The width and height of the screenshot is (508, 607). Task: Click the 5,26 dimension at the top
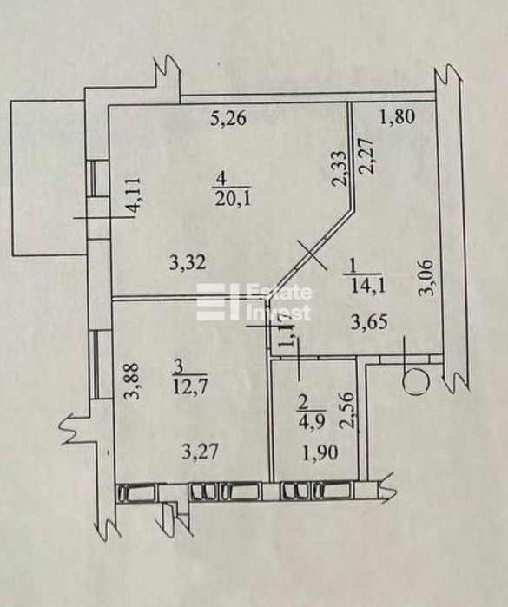[228, 118]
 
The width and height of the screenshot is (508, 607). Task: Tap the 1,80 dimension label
[397, 117]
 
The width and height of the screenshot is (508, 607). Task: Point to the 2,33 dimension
[340, 168]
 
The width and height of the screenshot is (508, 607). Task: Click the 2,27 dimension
[368, 157]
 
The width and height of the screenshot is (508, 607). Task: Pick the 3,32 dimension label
[188, 264]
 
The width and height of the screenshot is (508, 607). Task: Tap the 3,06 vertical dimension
[426, 277]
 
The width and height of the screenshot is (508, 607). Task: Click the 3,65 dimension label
[368, 322]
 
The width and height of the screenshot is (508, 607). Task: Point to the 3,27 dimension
[201, 452]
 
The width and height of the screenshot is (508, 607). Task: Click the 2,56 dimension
[346, 411]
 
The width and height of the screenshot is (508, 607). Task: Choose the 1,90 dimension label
[320, 452]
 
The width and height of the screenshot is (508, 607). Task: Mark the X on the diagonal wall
[312, 254]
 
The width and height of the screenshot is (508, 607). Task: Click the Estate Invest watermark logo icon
[219, 302]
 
